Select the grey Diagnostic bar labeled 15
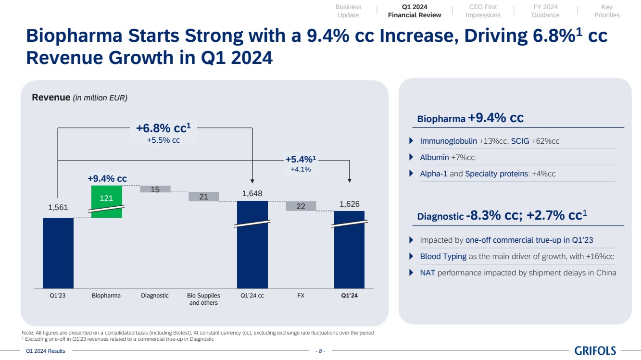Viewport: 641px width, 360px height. [x=155, y=189]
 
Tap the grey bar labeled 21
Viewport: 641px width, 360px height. [x=203, y=197]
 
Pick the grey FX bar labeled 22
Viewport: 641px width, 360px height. [x=301, y=206]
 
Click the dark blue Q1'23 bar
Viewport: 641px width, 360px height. [x=58, y=253]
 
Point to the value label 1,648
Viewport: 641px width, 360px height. [x=252, y=193]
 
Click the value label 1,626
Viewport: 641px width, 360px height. [x=349, y=204]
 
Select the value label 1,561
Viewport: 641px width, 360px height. [x=58, y=208]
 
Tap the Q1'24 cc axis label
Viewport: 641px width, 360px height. [x=252, y=296]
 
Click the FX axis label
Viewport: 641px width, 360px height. [x=301, y=296]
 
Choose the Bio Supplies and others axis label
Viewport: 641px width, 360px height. [x=203, y=299]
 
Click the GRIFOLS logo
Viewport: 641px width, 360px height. [x=595, y=351]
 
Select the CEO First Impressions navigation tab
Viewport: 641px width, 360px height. [x=483, y=11]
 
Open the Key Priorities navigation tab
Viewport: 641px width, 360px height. [x=607, y=11]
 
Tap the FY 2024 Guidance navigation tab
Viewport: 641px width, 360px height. [x=545, y=11]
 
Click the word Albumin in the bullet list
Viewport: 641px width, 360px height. [x=434, y=157]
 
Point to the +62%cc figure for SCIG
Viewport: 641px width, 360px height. [x=545, y=141]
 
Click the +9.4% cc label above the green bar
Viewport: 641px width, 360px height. [x=107, y=178]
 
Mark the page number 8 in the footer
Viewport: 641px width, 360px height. [x=320, y=351]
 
